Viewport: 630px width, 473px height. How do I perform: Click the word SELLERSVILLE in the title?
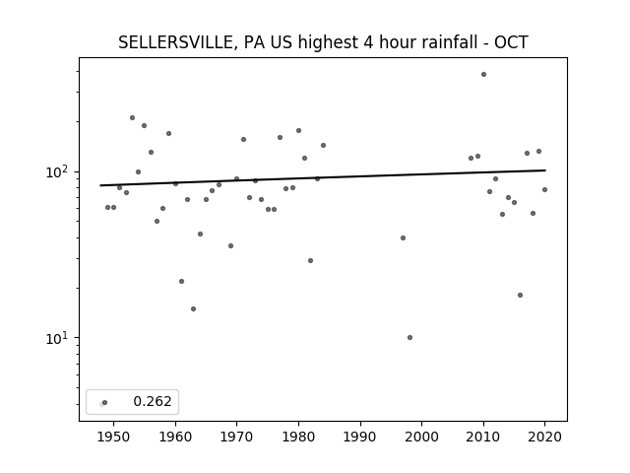coord(175,42)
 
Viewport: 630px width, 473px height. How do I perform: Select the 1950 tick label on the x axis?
coord(114,437)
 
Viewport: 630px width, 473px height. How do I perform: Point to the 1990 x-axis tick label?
coord(360,437)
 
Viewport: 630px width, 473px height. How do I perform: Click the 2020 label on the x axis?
coord(544,437)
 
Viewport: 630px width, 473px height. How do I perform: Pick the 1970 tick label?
coord(236,437)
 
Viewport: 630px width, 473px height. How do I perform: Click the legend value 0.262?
coord(153,401)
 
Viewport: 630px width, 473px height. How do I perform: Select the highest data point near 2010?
coord(483,75)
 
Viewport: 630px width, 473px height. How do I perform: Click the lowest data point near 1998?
coord(409,337)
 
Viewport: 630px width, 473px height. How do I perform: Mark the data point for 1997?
coord(403,238)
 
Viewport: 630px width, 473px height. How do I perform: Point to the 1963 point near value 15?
coord(193,308)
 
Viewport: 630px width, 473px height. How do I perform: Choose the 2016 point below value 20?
coord(521,296)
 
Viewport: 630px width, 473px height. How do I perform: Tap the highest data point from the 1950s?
coord(132,118)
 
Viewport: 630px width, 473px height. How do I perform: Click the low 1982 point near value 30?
coord(311,260)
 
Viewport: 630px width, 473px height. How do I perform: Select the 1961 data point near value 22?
coord(181,282)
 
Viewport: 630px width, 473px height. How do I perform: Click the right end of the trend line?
coord(545,170)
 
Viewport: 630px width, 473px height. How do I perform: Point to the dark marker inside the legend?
coord(105,403)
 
